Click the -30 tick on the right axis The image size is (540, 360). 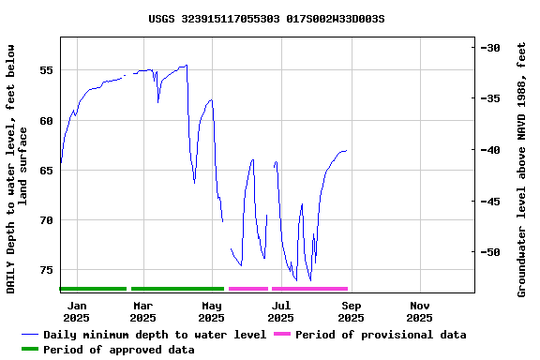[491, 48]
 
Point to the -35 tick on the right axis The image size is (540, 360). [491, 98]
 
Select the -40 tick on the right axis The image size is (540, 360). [491, 150]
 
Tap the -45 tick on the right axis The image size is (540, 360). [491, 201]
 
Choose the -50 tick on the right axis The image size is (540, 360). [491, 252]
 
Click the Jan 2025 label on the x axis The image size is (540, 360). [77, 311]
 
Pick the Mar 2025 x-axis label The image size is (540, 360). [143, 311]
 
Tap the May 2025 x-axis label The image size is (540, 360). [212, 311]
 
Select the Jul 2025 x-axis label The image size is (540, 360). [281, 311]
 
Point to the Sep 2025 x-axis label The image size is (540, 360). [351, 311]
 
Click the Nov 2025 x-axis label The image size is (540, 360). [420, 311]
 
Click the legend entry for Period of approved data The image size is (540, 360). [118, 350]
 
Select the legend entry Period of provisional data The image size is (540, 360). [381, 335]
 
